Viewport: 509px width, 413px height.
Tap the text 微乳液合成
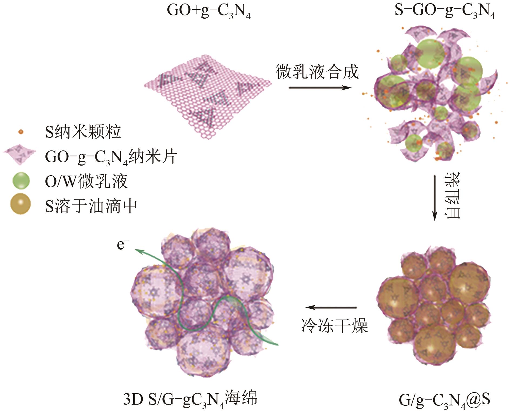317,72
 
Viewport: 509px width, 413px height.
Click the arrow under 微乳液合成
320,88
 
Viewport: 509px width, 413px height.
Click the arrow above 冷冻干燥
331,307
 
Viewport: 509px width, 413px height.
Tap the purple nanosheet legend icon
20,156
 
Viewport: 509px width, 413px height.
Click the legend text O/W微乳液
86,181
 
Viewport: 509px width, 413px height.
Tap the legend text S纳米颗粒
83,132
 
